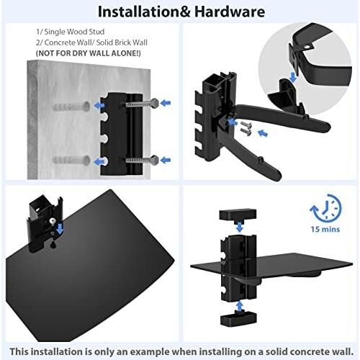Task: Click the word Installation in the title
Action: pos(139,12)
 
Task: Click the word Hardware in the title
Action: pos(230,12)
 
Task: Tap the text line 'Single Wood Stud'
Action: pos(74,32)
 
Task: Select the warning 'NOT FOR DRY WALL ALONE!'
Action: pos(88,53)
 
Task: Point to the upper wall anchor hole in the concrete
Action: pos(85,106)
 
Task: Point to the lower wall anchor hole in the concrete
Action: pos(85,161)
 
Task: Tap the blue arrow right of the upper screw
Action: pos(166,103)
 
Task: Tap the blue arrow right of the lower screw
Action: pos(166,160)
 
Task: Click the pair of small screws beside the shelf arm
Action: pos(246,128)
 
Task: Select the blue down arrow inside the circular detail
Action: pos(293,77)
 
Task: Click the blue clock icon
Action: pos(325,208)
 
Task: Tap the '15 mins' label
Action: pos(325,229)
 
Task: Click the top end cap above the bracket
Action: pos(238,215)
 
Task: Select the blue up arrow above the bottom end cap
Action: pos(239,307)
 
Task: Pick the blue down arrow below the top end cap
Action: pos(239,227)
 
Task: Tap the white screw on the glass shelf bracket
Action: pos(53,221)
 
